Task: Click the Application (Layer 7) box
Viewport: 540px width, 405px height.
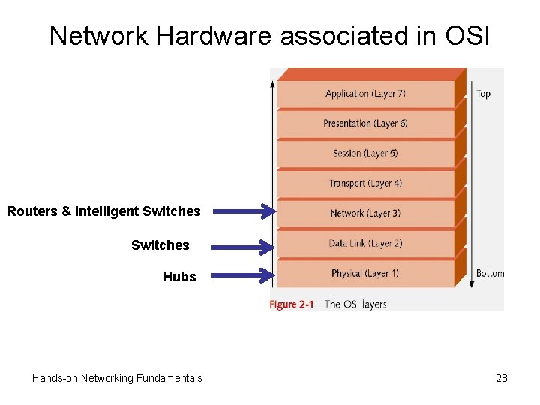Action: (x=365, y=94)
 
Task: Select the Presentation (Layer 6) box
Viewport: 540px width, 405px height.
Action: (x=365, y=124)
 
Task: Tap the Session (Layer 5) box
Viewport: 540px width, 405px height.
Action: (x=365, y=154)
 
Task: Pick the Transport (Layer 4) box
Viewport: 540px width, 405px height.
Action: (x=365, y=184)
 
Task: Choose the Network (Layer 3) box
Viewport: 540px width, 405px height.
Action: (x=365, y=214)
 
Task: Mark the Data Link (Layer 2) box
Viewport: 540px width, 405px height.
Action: (x=365, y=243)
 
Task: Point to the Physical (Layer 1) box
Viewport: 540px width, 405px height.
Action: (x=365, y=273)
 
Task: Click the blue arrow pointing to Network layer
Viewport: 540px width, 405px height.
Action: (x=244, y=212)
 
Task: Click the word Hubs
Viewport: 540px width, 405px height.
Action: (x=179, y=277)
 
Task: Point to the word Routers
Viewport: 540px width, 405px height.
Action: (x=31, y=211)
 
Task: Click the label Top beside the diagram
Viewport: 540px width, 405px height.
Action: (x=483, y=94)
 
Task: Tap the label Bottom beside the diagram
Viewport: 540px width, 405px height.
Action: (x=490, y=273)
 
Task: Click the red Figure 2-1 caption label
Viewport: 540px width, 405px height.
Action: (x=292, y=304)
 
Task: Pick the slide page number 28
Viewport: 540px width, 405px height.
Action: (x=502, y=378)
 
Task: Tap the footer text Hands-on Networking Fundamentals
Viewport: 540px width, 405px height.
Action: (x=117, y=378)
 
